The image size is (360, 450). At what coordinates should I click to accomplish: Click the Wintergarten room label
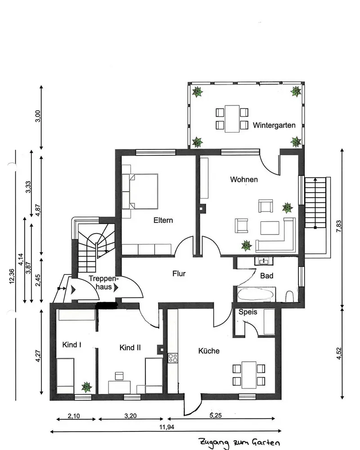[274, 126]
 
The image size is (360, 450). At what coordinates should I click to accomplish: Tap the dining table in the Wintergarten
[232, 118]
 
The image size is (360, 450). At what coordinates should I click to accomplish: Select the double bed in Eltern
[143, 192]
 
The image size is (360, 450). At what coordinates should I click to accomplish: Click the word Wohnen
[244, 180]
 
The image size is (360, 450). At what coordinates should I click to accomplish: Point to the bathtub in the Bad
[255, 294]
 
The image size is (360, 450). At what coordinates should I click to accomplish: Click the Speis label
[247, 311]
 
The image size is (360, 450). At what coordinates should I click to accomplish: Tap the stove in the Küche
[173, 358]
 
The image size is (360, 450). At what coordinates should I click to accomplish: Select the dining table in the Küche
[248, 375]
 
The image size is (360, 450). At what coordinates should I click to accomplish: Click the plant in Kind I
[86, 387]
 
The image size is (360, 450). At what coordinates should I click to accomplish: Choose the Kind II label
[130, 347]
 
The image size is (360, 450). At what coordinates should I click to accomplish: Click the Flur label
[179, 273]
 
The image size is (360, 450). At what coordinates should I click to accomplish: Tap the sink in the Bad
[262, 261]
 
